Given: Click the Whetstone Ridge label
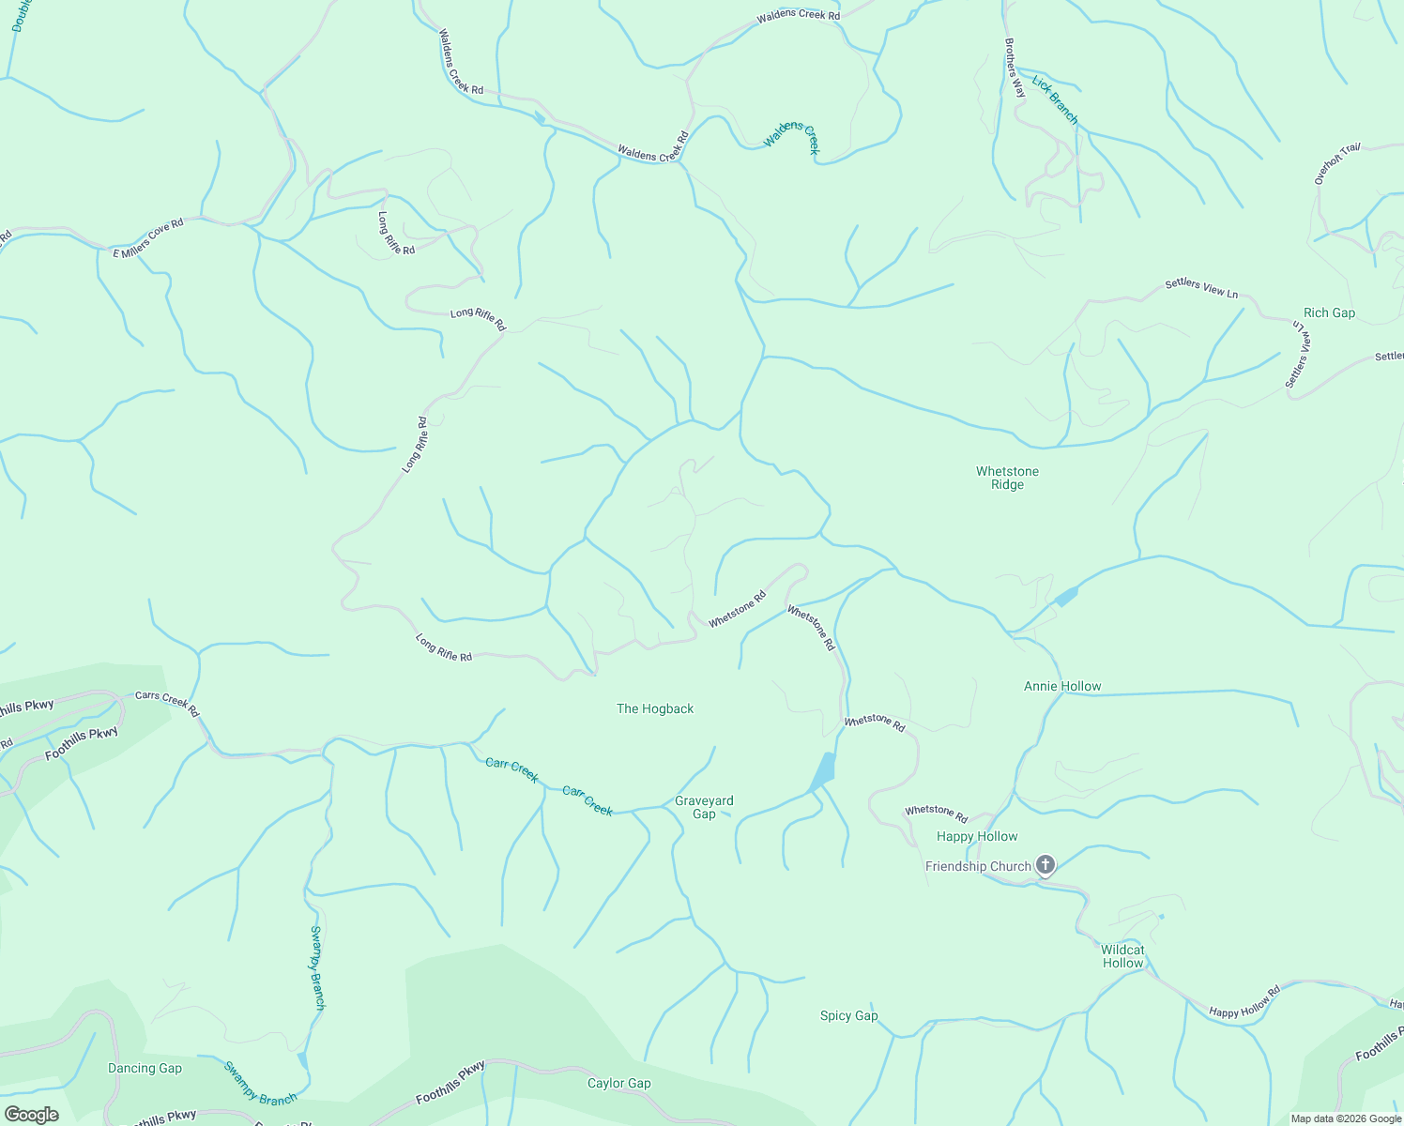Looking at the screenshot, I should (1007, 478).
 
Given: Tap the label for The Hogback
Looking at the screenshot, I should (655, 708).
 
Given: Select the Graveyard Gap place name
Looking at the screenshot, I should (704, 807).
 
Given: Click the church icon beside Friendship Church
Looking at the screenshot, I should (1045, 865).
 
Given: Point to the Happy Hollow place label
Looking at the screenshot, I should (977, 836).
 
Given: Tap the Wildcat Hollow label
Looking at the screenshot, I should (1122, 956).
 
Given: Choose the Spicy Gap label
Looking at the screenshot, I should (848, 1015).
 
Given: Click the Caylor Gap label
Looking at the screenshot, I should (618, 1083).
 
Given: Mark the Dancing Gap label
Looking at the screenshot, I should (145, 1068).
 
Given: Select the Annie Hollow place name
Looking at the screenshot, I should (1062, 686).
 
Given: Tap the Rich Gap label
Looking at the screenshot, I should (1329, 312).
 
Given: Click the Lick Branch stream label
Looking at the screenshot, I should (1055, 99).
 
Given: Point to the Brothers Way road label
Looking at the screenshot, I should (1015, 68).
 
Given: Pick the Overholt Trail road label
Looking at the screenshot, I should (1336, 163).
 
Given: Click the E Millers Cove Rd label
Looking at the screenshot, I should (147, 238).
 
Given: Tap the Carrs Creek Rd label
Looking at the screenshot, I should (167, 704).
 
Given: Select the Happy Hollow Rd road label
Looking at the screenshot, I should (1244, 1001).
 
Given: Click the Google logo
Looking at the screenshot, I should (31, 1114).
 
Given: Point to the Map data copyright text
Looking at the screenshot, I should (1346, 1118).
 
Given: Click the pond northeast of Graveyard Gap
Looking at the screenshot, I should (822, 772).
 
